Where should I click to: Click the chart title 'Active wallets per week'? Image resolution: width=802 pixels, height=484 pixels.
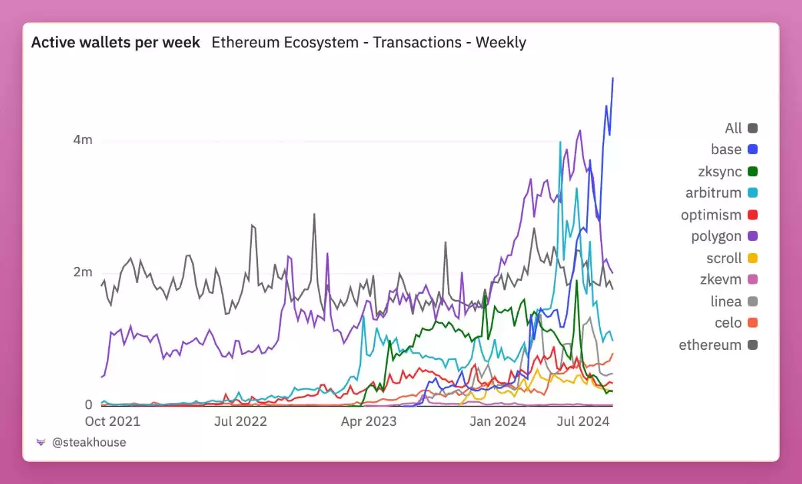pyautogui.click(x=115, y=43)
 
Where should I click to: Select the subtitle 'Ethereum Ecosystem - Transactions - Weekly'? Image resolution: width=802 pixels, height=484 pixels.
pyautogui.click(x=369, y=43)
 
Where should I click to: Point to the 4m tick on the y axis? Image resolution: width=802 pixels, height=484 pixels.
pyautogui.click(x=83, y=140)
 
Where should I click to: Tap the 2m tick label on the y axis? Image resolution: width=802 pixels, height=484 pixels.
pyautogui.click(x=83, y=272)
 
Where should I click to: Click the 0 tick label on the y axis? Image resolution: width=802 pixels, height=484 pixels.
pyautogui.click(x=88, y=405)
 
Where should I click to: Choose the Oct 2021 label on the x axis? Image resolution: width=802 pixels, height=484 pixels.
pyautogui.click(x=113, y=421)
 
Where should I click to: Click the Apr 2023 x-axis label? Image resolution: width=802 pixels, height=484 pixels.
pyautogui.click(x=368, y=421)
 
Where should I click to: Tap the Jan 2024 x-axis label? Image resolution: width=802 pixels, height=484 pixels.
pyautogui.click(x=497, y=421)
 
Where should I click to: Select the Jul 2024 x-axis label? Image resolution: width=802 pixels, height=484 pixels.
pyautogui.click(x=584, y=421)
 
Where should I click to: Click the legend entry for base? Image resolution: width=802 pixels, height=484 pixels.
pyautogui.click(x=734, y=150)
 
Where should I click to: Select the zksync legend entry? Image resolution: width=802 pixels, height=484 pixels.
pyautogui.click(x=727, y=172)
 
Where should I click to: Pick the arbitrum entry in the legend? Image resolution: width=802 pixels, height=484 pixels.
pyautogui.click(x=721, y=193)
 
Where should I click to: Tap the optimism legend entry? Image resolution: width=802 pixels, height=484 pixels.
pyautogui.click(x=718, y=215)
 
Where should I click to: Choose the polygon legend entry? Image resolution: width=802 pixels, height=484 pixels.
pyautogui.click(x=724, y=236)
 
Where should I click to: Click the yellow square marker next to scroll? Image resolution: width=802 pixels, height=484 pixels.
pyautogui.click(x=753, y=258)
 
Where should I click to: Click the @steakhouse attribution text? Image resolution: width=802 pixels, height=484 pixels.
pyautogui.click(x=89, y=442)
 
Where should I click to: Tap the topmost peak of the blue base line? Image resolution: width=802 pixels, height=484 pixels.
pyautogui.click(x=613, y=79)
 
